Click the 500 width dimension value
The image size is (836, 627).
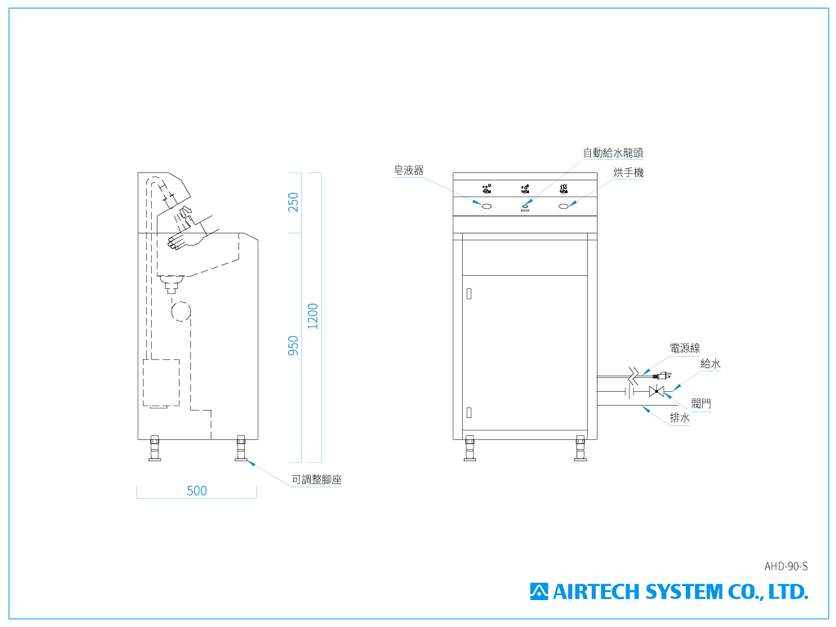(x=197, y=491)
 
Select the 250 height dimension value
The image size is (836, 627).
(x=293, y=202)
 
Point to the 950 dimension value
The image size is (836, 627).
(x=293, y=345)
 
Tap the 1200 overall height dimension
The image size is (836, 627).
(x=313, y=316)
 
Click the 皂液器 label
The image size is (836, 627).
(x=408, y=170)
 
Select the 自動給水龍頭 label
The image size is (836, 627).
(x=612, y=153)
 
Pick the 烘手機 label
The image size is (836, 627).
(x=629, y=172)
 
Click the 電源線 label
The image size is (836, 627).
(x=685, y=348)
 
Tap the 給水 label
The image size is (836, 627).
(x=710, y=363)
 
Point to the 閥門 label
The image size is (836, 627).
(x=701, y=403)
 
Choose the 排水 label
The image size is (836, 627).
(x=680, y=418)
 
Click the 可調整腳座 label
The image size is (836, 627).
(x=316, y=480)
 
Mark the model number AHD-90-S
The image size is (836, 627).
(x=786, y=567)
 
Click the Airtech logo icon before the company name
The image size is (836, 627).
(x=539, y=592)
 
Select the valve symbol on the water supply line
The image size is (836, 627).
(x=656, y=392)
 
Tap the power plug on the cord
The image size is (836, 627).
(x=663, y=376)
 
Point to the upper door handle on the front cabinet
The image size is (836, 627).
(x=469, y=294)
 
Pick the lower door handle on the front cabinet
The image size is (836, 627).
(x=469, y=412)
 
